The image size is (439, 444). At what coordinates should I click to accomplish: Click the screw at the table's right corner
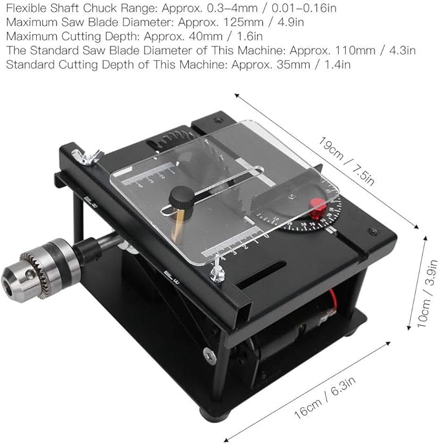click(x=372, y=232)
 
